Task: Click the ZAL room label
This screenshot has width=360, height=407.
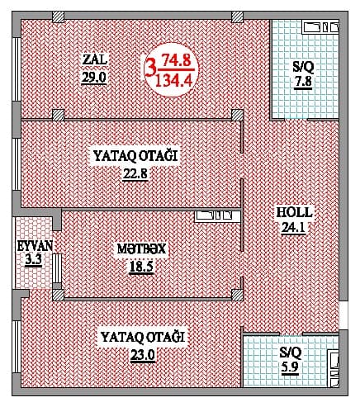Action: click(x=95, y=59)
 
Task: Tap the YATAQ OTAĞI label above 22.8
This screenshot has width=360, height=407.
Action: click(x=135, y=154)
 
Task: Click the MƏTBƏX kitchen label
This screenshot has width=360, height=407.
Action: click(x=137, y=248)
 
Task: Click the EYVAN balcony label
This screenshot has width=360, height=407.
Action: click(x=34, y=246)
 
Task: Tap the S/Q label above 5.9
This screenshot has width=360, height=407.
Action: click(x=291, y=353)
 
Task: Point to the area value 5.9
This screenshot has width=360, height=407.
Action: click(x=291, y=370)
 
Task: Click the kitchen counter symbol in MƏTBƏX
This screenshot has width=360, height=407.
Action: click(x=217, y=216)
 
